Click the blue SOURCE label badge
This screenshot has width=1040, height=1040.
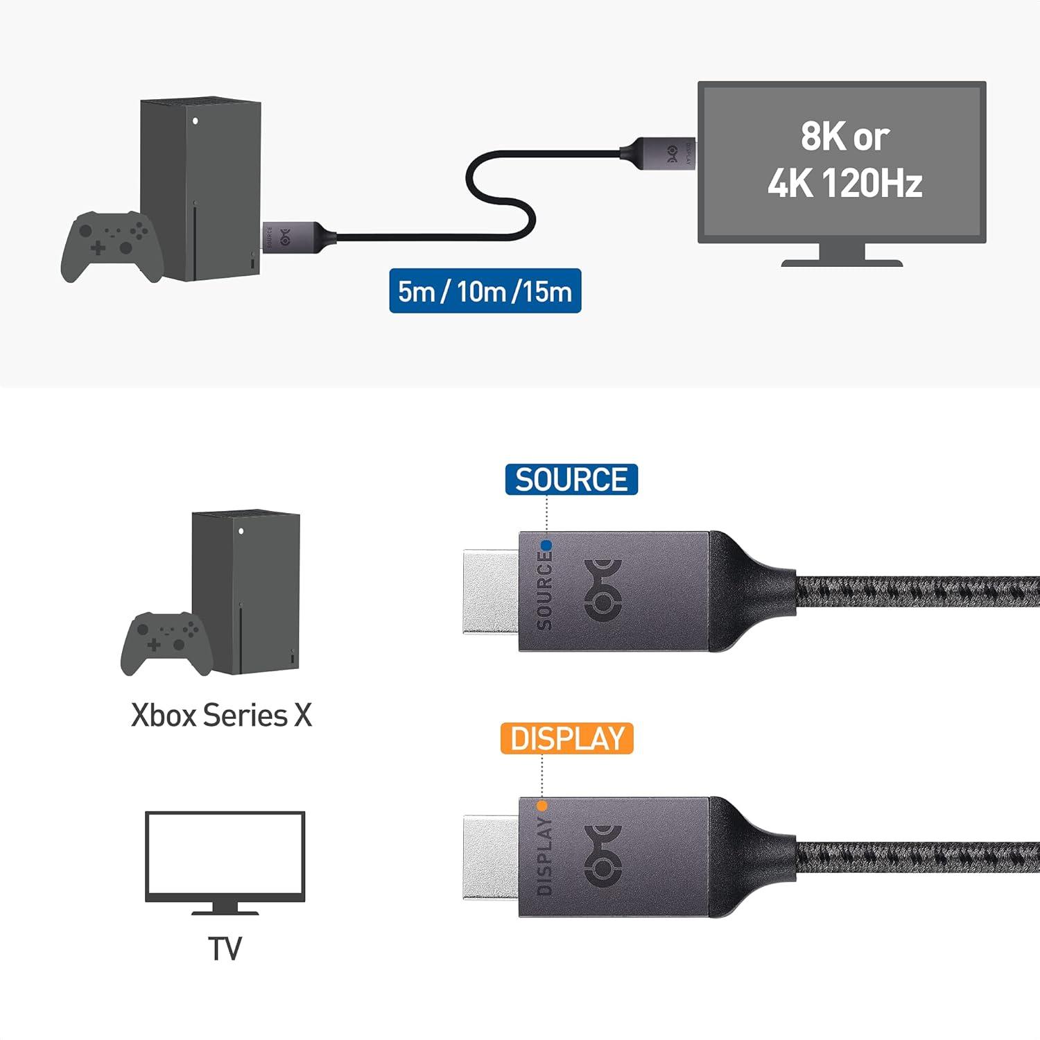click(571, 480)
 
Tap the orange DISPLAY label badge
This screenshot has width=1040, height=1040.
click(566, 739)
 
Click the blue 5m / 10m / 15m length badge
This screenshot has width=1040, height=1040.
click(485, 291)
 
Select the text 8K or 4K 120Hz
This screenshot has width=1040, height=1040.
click(844, 159)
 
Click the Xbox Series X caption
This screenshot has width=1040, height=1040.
click(222, 716)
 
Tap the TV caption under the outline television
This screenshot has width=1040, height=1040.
click(225, 949)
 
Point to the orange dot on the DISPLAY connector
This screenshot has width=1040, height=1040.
click(542, 806)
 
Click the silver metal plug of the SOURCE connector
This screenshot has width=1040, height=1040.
click(491, 591)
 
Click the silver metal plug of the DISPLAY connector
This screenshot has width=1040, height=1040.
click(491, 858)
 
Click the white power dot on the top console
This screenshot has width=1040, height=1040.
click(196, 121)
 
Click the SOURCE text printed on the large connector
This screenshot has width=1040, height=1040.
click(545, 591)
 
